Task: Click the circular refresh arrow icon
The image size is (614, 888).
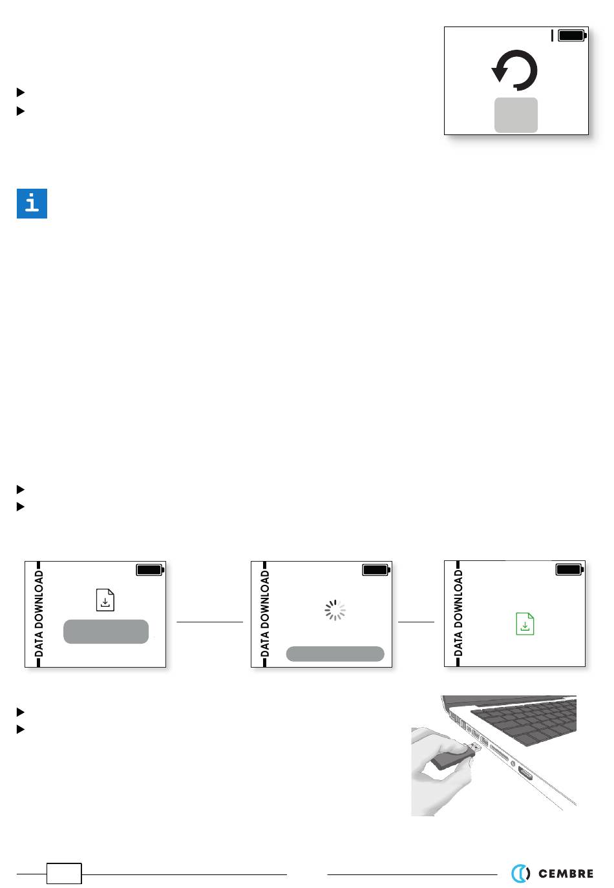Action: (515, 70)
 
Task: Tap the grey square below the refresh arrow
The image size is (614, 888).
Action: (516, 115)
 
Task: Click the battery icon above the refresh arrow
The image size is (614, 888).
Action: (571, 36)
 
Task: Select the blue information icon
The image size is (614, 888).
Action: (32, 204)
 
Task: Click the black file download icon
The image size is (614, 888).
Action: (105, 600)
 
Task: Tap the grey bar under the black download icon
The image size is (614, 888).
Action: (106, 631)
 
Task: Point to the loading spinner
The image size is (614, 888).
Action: (335, 610)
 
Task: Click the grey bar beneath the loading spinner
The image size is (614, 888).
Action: (335, 653)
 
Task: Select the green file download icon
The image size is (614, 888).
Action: (525, 624)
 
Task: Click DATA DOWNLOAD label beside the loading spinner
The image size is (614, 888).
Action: (265, 613)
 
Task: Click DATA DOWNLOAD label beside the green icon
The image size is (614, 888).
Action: (459, 613)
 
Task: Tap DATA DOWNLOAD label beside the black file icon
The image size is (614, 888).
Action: (39, 613)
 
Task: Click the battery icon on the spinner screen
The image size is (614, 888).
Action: (376, 570)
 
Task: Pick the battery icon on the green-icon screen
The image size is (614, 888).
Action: (569, 569)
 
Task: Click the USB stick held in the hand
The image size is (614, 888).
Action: (452, 757)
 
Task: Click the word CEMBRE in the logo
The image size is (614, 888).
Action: (566, 874)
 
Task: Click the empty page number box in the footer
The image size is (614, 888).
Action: (64, 874)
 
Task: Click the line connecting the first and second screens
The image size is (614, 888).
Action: (209, 622)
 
